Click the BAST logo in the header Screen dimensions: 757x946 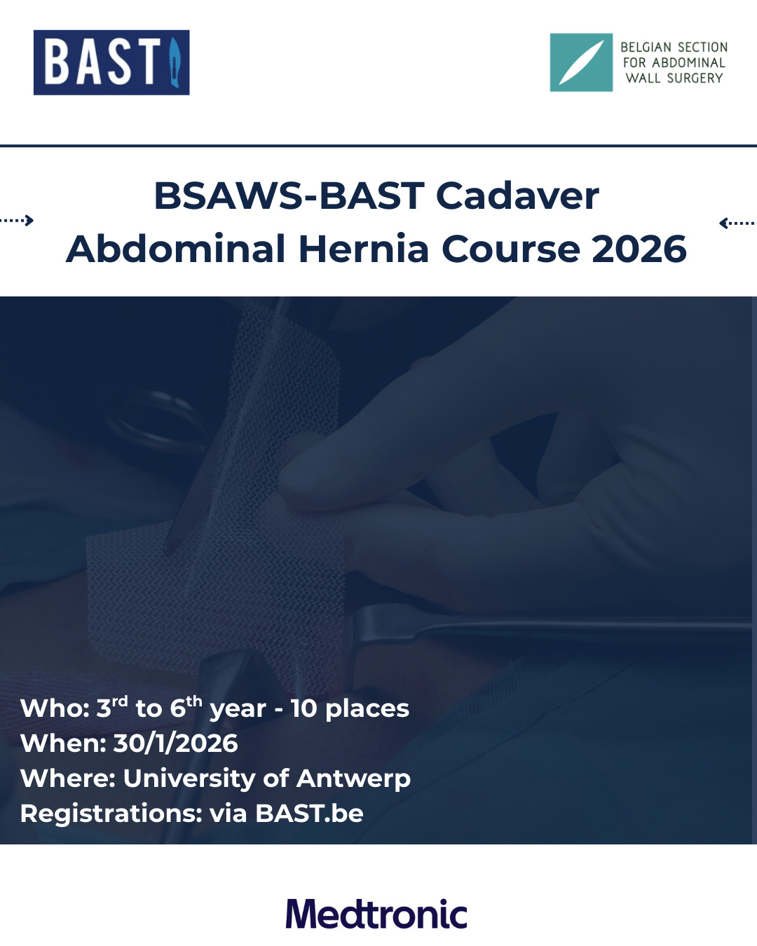[111, 62]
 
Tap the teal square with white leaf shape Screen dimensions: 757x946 [581, 62]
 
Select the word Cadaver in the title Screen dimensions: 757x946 [517, 196]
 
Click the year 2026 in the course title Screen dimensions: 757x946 [639, 249]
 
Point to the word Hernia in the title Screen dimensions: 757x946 [364, 249]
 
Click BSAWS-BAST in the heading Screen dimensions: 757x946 [289, 196]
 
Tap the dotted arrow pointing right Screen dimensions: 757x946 [17, 220]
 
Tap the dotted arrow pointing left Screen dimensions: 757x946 [738, 224]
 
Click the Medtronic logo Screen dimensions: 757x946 [376, 914]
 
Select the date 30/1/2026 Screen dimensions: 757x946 [175, 743]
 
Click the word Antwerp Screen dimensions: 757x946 [354, 779]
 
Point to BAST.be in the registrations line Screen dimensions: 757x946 [309, 814]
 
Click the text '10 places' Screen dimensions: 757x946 [350, 709]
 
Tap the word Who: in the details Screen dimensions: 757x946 [55, 708]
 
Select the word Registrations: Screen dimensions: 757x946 [111, 814]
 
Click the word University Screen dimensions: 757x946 [189, 779]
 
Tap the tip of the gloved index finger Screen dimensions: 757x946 [286, 483]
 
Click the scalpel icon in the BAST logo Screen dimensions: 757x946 [175, 62]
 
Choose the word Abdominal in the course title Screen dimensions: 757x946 [175, 249]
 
